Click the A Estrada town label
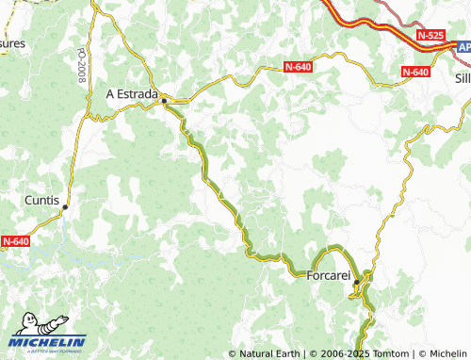coord(132,93)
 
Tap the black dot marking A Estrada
coord(164,99)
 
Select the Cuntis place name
coord(42,201)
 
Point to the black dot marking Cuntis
coord(65,207)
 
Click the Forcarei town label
coord(329,276)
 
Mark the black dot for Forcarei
coord(357,281)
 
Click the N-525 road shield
coord(430,36)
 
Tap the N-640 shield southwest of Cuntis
coord(15,241)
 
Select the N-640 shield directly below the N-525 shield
coord(415,72)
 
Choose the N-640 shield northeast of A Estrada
coord(299,67)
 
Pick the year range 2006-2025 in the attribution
coord(338,353)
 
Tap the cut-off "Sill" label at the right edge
coord(462,79)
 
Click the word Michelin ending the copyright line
coord(446,353)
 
